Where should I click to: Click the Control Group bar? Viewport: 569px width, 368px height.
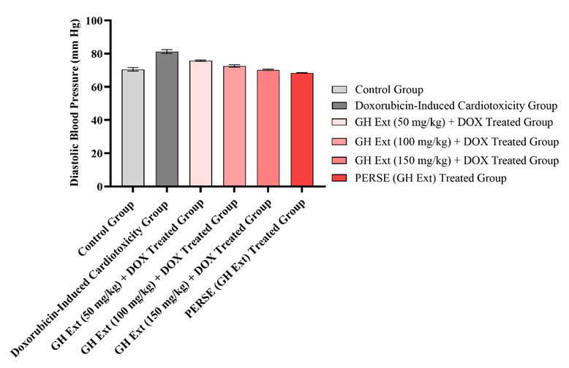coord(133,128)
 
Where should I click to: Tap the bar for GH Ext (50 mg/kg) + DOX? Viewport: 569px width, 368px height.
coord(200,123)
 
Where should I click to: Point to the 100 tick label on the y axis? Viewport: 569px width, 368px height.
coord(94,20)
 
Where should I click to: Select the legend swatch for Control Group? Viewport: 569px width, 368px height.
coord(339,90)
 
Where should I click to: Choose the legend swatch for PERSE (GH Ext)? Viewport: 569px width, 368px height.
coord(339,177)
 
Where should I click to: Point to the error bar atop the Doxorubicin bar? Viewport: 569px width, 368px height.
coord(167,51)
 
